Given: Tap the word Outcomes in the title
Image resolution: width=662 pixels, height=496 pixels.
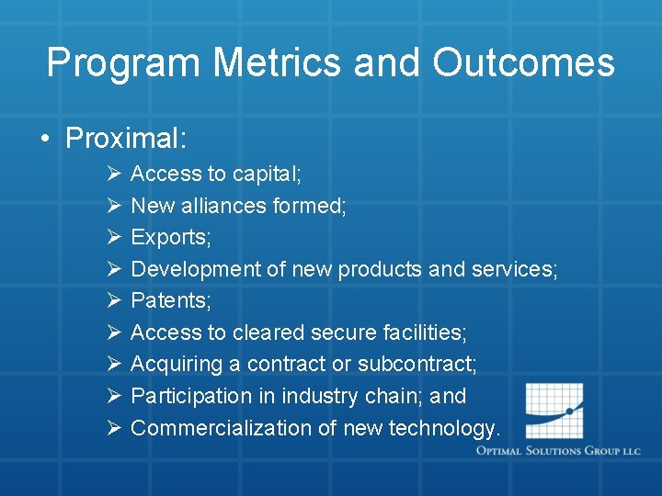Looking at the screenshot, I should point(523,63).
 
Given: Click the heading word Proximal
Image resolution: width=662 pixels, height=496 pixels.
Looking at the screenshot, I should point(126,139).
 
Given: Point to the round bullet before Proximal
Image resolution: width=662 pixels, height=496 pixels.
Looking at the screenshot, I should point(44,140).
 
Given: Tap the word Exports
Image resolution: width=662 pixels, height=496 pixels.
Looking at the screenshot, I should point(171,237).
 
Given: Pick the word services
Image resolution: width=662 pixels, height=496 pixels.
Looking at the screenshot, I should point(514,269).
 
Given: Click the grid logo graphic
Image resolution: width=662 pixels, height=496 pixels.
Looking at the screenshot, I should point(554,411).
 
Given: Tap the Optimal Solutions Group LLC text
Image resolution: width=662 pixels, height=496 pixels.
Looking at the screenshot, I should point(558,452).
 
